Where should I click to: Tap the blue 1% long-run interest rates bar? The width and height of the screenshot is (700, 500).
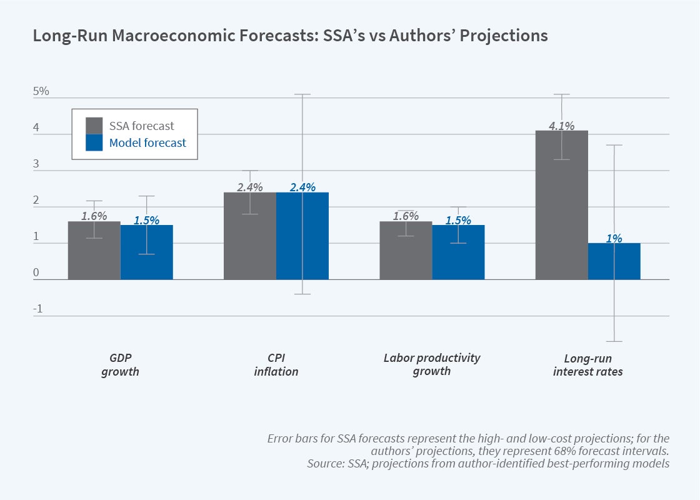pyautogui.click(x=614, y=262)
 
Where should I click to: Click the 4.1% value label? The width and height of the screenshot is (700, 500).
pyautogui.click(x=561, y=126)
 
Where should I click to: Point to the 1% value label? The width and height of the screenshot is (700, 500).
pyautogui.click(x=614, y=238)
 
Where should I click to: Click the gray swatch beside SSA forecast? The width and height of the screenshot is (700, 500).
pyautogui.click(x=94, y=126)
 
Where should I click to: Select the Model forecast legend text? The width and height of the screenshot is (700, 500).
pyautogui.click(x=147, y=143)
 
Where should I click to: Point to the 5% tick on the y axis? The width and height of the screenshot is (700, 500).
pyautogui.click(x=41, y=91)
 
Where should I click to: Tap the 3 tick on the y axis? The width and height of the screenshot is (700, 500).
pyautogui.click(x=36, y=164)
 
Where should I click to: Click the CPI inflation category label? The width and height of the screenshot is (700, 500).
pyautogui.click(x=276, y=365)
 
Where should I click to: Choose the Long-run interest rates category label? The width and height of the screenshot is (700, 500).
pyautogui.click(x=587, y=365)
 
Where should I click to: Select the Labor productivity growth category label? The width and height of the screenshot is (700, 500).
pyautogui.click(x=432, y=364)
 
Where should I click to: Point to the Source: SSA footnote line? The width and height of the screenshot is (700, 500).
pyautogui.click(x=487, y=464)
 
